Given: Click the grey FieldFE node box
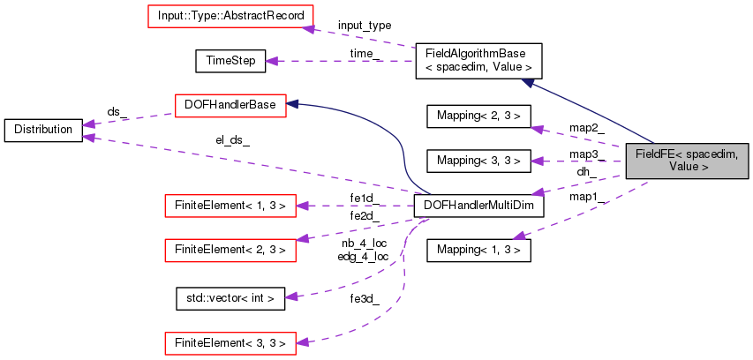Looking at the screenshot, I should click(x=687, y=161).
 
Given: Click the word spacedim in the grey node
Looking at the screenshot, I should click(x=710, y=154).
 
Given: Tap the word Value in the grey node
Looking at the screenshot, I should click(x=683, y=167).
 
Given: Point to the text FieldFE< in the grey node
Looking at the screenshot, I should click(x=659, y=154).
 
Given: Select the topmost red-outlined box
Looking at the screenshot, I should click(x=230, y=16).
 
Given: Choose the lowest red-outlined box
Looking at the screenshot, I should click(x=230, y=343).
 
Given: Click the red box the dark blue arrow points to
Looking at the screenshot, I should click(x=230, y=106).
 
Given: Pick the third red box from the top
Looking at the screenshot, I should click(x=230, y=206).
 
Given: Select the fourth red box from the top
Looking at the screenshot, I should click(x=230, y=250).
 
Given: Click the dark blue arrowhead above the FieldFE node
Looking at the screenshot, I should click(x=527, y=83).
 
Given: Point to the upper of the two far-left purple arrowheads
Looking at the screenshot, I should click(x=88, y=124).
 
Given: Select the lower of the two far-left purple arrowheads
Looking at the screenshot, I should click(x=88, y=137).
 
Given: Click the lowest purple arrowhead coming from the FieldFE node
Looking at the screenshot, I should click(x=519, y=236).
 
